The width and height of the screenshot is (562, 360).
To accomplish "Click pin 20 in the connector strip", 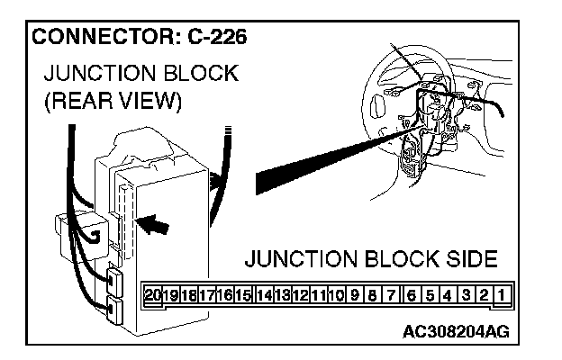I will tap(152, 294).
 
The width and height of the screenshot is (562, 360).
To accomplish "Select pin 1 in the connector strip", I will tap(500, 294).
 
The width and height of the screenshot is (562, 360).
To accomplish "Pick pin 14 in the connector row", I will tap(264, 294).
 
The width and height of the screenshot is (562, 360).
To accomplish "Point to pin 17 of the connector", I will tap(207, 294).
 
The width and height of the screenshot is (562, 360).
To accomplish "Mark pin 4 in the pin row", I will tap(448, 294).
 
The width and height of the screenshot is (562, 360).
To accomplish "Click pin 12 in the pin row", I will tap(301, 294).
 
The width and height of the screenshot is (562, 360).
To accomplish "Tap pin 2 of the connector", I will tap(484, 294).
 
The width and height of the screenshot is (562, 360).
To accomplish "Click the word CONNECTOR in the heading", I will tap(100, 39).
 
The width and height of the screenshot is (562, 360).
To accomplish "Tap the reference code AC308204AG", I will tap(457, 331).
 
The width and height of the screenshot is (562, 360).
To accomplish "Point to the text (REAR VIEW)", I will tap(113, 101).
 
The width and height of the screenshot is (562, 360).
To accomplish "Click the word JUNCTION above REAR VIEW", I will tap(97, 73).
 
